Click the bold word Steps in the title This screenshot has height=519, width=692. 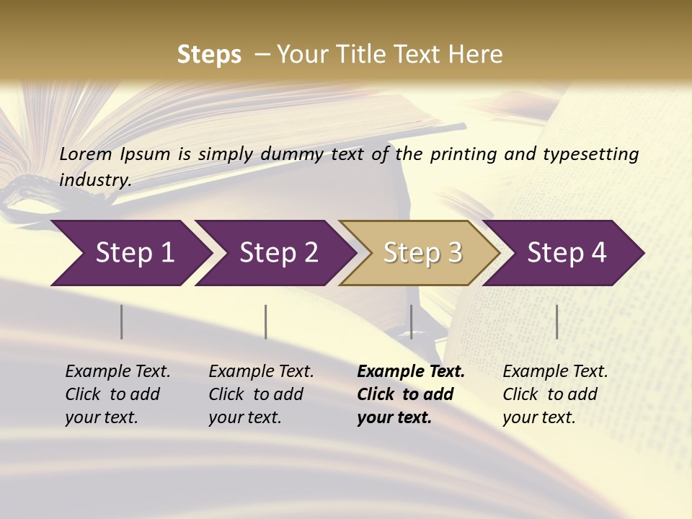tap(209, 55)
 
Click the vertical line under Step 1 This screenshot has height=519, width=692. tap(121, 321)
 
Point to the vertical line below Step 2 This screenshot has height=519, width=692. tap(265, 321)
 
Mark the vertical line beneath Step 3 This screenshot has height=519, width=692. tap(411, 321)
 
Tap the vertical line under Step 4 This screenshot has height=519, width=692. tap(556, 321)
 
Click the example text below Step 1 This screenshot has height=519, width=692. tap(117, 394)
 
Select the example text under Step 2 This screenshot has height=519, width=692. tap(261, 394)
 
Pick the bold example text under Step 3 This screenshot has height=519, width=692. tap(411, 394)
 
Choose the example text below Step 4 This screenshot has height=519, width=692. tap(555, 394)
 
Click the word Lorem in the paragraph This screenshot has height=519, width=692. tap(86, 154)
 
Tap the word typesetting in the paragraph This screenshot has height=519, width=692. tap(590, 154)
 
